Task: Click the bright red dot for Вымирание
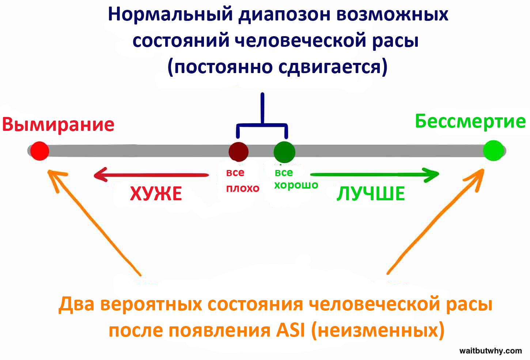point(39,151)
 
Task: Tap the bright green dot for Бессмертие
point(493,151)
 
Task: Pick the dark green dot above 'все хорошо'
point(284,152)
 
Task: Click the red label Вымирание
point(58,125)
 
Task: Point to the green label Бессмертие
point(470,121)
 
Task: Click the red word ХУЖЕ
point(156,194)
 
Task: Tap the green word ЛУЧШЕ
point(371,194)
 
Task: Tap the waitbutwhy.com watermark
point(491,351)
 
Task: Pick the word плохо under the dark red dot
point(243,189)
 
